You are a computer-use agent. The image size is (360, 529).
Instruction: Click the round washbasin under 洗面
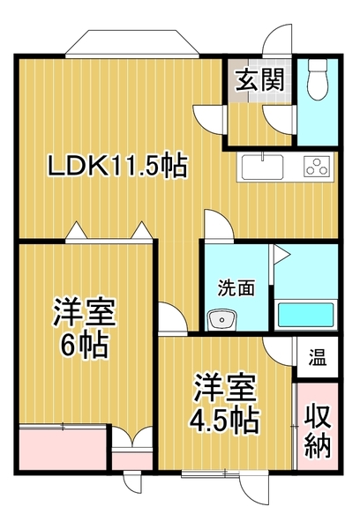pos(219,319)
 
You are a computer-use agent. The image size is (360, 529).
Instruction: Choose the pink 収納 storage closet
pos(317,431)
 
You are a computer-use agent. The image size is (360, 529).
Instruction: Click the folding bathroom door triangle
pos(279,257)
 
